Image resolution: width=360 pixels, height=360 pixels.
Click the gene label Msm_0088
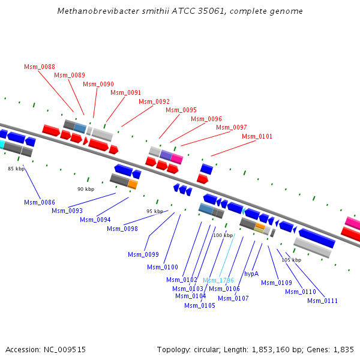click(40, 67)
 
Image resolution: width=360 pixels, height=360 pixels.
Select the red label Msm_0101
click(257, 136)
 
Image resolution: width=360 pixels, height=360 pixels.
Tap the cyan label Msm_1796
click(218, 280)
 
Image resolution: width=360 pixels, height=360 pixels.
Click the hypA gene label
click(251, 274)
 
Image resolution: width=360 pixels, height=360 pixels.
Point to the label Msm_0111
click(322, 301)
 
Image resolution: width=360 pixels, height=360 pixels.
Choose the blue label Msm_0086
click(40, 202)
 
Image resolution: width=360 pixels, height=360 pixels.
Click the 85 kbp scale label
click(17, 169)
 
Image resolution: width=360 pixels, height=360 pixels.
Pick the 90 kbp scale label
click(86, 189)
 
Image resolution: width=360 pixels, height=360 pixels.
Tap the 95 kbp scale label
click(155, 211)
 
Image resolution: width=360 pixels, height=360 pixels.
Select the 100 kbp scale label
click(223, 235)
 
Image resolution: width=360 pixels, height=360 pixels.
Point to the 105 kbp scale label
click(291, 260)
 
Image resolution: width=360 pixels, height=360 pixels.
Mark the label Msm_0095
click(181, 110)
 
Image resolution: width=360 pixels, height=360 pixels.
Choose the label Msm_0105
click(200, 305)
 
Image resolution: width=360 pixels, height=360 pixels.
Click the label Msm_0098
click(122, 229)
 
